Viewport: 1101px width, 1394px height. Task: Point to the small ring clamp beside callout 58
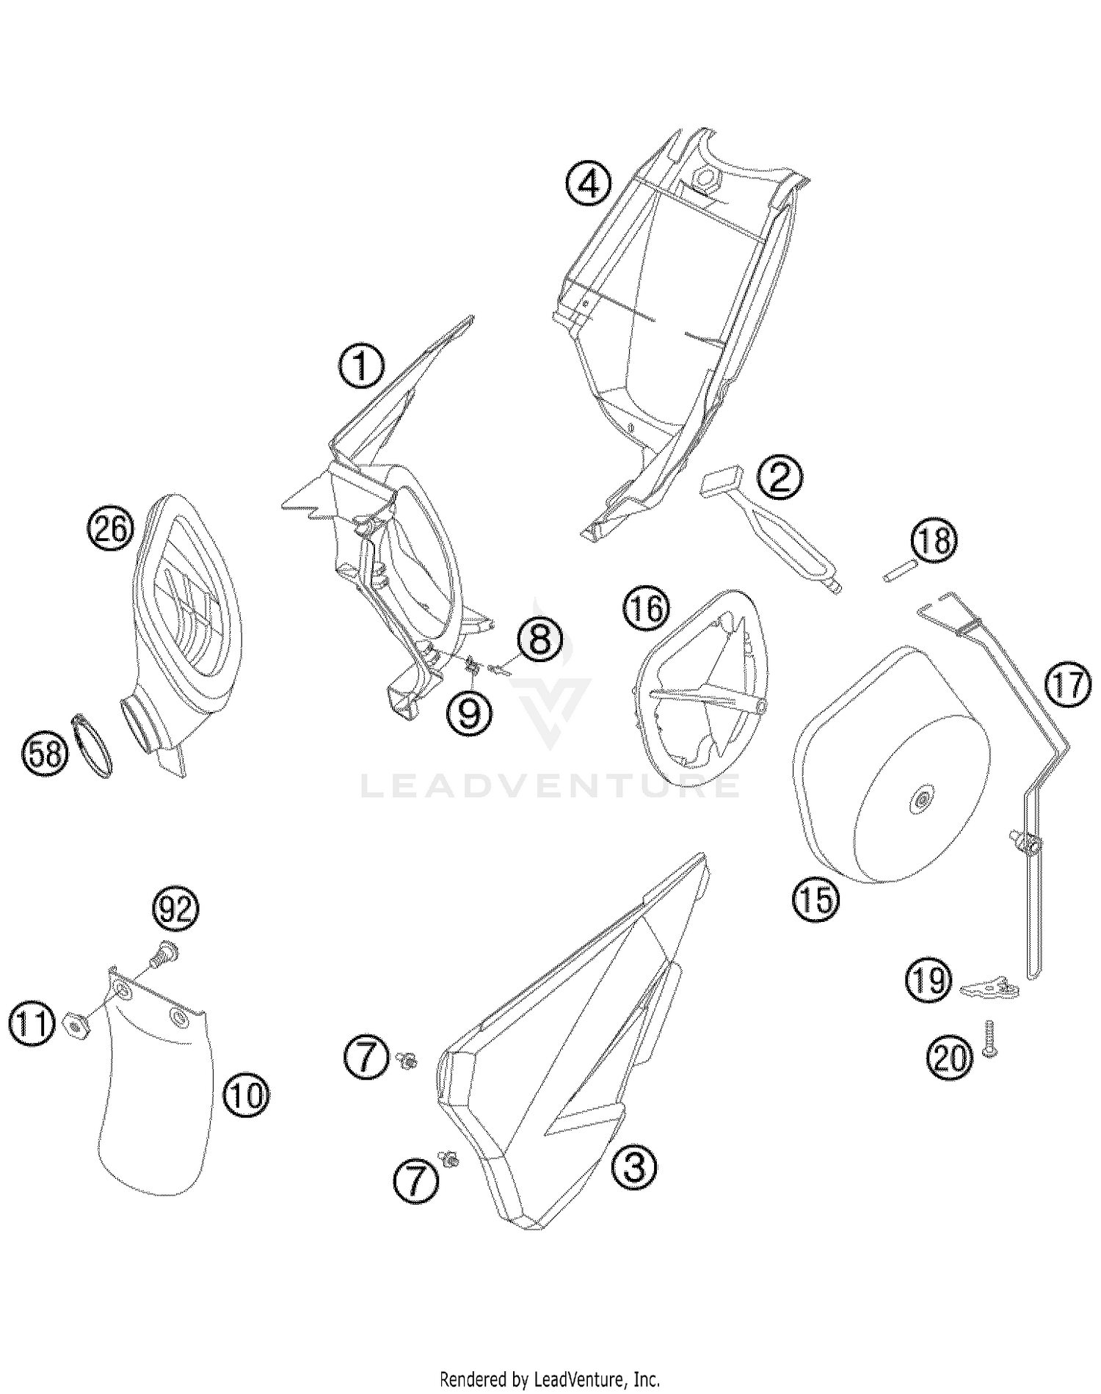93,746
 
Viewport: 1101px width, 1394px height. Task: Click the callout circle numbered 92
175,912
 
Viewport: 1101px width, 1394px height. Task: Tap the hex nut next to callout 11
76,1023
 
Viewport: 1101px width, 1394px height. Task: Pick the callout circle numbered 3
633,1166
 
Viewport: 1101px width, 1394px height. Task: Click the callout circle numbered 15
815,899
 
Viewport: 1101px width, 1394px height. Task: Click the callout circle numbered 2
780,479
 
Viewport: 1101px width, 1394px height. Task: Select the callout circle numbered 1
360,366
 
